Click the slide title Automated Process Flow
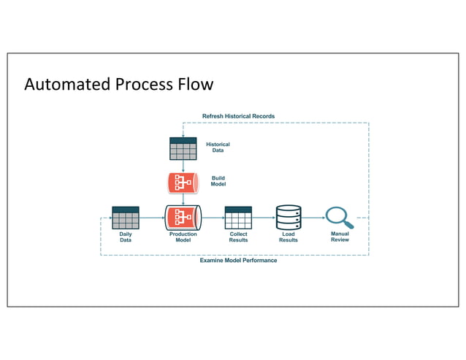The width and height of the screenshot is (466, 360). point(119,84)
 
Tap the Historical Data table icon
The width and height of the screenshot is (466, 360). point(183,148)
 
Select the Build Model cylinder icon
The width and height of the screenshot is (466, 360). point(183,182)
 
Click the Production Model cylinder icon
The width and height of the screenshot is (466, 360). point(183,218)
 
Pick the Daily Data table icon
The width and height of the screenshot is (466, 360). point(126,218)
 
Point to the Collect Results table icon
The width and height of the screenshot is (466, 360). point(238,218)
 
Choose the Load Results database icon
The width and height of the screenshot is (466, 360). point(289,218)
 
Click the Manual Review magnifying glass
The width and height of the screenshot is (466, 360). point(338,217)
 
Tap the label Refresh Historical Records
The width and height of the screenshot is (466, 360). point(238,116)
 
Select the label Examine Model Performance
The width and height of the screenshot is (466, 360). point(238,260)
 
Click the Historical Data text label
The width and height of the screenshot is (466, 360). point(218,148)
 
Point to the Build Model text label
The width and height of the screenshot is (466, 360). point(218,181)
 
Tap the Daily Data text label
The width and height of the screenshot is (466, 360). point(126,237)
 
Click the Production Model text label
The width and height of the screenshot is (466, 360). point(183,237)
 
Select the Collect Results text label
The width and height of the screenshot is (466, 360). point(238,237)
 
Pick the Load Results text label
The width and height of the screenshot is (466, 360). point(289,237)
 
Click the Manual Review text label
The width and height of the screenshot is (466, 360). point(340,237)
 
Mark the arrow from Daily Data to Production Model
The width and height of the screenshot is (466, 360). point(152,218)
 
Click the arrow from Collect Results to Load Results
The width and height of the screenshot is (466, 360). point(263,218)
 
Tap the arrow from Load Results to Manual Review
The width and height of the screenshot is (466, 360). point(313,218)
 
